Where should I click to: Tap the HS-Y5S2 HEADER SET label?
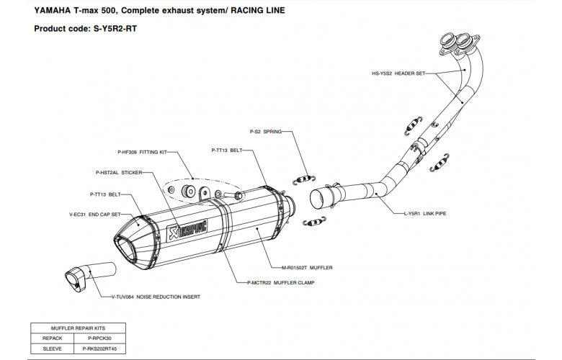[x=398, y=73]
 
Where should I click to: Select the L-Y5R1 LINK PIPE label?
[x=425, y=214]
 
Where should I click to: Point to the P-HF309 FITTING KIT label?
[x=141, y=153]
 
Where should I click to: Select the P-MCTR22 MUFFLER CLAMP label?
[x=280, y=283]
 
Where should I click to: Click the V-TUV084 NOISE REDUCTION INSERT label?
[x=156, y=297]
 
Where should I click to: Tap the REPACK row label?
[x=53, y=337]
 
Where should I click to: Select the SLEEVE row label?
[x=53, y=348]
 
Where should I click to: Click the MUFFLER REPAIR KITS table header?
[x=77, y=327]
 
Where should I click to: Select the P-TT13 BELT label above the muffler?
[x=227, y=150]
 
